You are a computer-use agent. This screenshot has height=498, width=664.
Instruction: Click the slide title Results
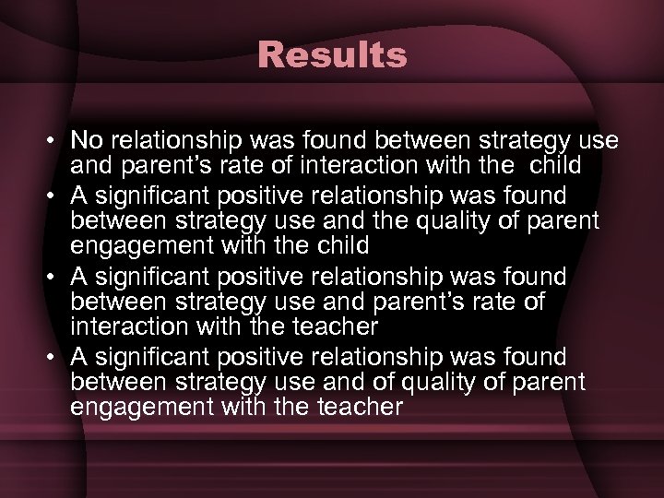(x=332, y=55)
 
